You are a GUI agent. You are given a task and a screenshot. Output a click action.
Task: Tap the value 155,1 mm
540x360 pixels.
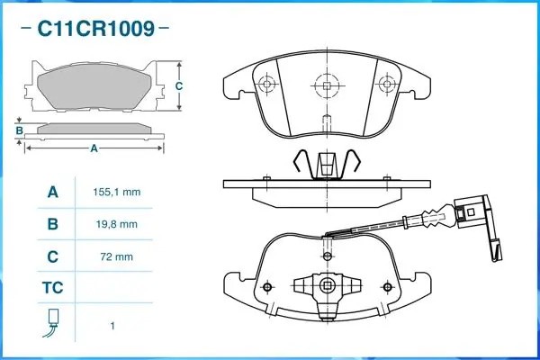(116, 193)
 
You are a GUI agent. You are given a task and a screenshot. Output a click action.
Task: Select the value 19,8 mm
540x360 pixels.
(116, 224)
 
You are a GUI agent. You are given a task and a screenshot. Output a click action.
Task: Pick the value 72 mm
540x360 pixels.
(116, 256)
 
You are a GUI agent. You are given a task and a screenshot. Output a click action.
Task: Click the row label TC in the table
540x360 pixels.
(52, 289)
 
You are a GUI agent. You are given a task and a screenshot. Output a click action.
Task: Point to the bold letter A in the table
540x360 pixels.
(52, 193)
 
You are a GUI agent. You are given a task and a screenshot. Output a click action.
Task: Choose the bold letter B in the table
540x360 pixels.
(52, 224)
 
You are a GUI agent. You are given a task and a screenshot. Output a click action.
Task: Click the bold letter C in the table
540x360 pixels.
(52, 256)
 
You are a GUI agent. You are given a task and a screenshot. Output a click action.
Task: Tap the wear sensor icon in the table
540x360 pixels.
(52, 323)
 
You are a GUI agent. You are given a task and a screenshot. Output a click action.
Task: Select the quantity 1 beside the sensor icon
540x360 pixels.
(112, 324)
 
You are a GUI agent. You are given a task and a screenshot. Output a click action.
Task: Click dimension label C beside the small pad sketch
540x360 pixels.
(178, 86)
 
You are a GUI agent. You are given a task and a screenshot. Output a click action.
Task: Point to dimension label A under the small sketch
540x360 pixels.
(94, 148)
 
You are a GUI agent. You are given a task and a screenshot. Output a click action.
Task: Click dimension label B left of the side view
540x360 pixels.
(19, 130)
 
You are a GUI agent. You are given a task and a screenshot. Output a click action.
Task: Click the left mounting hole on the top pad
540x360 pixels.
(265, 85)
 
